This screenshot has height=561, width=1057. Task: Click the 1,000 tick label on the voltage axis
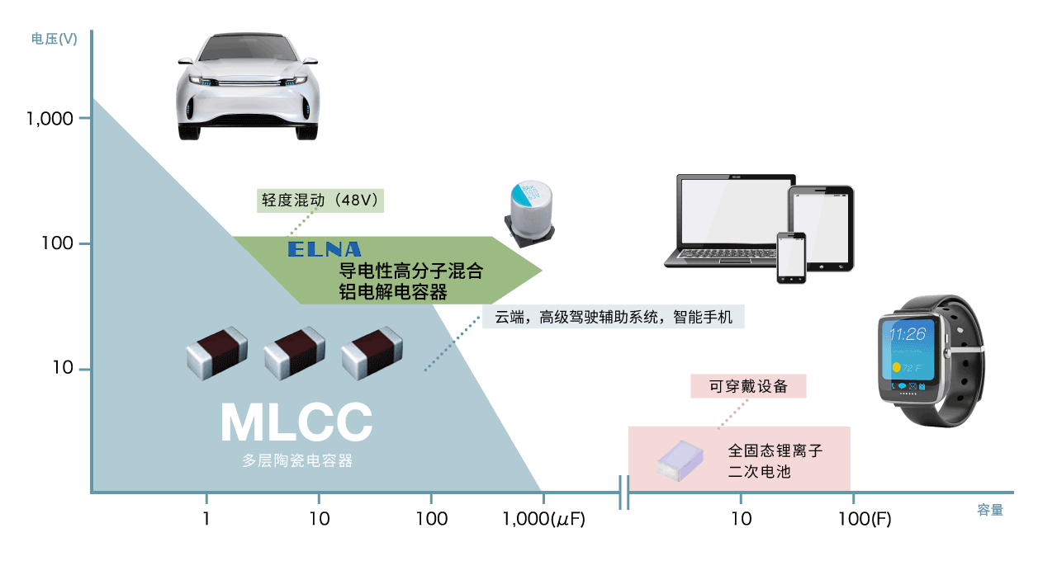[50, 119]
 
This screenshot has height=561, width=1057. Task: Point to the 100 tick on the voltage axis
[84, 243]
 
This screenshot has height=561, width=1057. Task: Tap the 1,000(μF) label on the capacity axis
[543, 519]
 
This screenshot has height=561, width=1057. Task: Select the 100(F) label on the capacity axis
[865, 519]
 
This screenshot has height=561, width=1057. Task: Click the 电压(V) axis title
[55, 39]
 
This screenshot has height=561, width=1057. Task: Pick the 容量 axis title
[990, 510]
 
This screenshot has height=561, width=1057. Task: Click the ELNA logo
[325, 249]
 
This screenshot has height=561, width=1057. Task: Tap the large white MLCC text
[296, 422]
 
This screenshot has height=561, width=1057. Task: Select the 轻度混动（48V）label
[320, 200]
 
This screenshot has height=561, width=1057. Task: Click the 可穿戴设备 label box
[748, 386]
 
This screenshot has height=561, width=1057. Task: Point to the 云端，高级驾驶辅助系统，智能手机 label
[614, 317]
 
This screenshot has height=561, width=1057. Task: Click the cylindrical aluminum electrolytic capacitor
[530, 213]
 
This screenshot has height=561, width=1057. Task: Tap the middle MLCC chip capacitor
[295, 352]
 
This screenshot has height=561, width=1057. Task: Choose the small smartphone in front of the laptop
[791, 258]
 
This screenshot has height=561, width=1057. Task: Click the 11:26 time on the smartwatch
[908, 334]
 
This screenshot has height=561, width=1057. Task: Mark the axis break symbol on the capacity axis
[623, 493]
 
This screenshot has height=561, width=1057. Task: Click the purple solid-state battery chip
[680, 460]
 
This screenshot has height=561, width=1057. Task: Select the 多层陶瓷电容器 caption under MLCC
[297, 460]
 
